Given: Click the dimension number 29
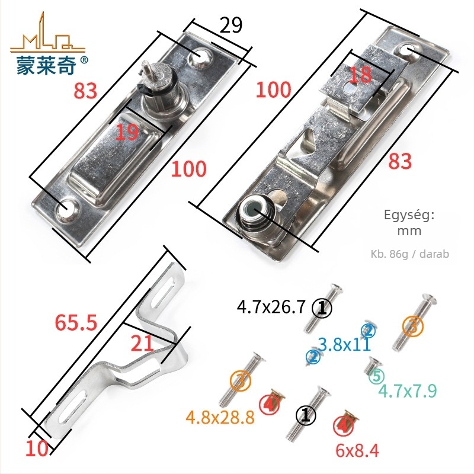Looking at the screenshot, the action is coord(231,25).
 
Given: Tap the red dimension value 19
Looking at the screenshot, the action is coord(127,132).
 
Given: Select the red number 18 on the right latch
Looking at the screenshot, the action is coord(360,75).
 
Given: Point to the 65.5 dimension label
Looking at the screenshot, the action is coord(76,322).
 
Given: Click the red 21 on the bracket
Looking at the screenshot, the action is coord(141,344).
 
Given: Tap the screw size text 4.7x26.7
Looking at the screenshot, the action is coord(271,308).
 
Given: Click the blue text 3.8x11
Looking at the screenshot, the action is coord(344,344).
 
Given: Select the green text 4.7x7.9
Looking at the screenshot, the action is coord(407,391).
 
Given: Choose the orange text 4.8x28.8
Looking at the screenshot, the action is coord(220,418).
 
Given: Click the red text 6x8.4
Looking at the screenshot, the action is coord(357,450).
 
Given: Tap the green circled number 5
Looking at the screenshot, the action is coord(376,376).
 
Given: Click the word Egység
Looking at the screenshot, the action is coord(409,215).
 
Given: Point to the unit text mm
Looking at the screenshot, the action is coord(409,231).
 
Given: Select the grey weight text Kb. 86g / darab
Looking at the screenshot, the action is coord(409,254).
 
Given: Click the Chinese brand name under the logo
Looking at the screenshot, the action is coord(46,65).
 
